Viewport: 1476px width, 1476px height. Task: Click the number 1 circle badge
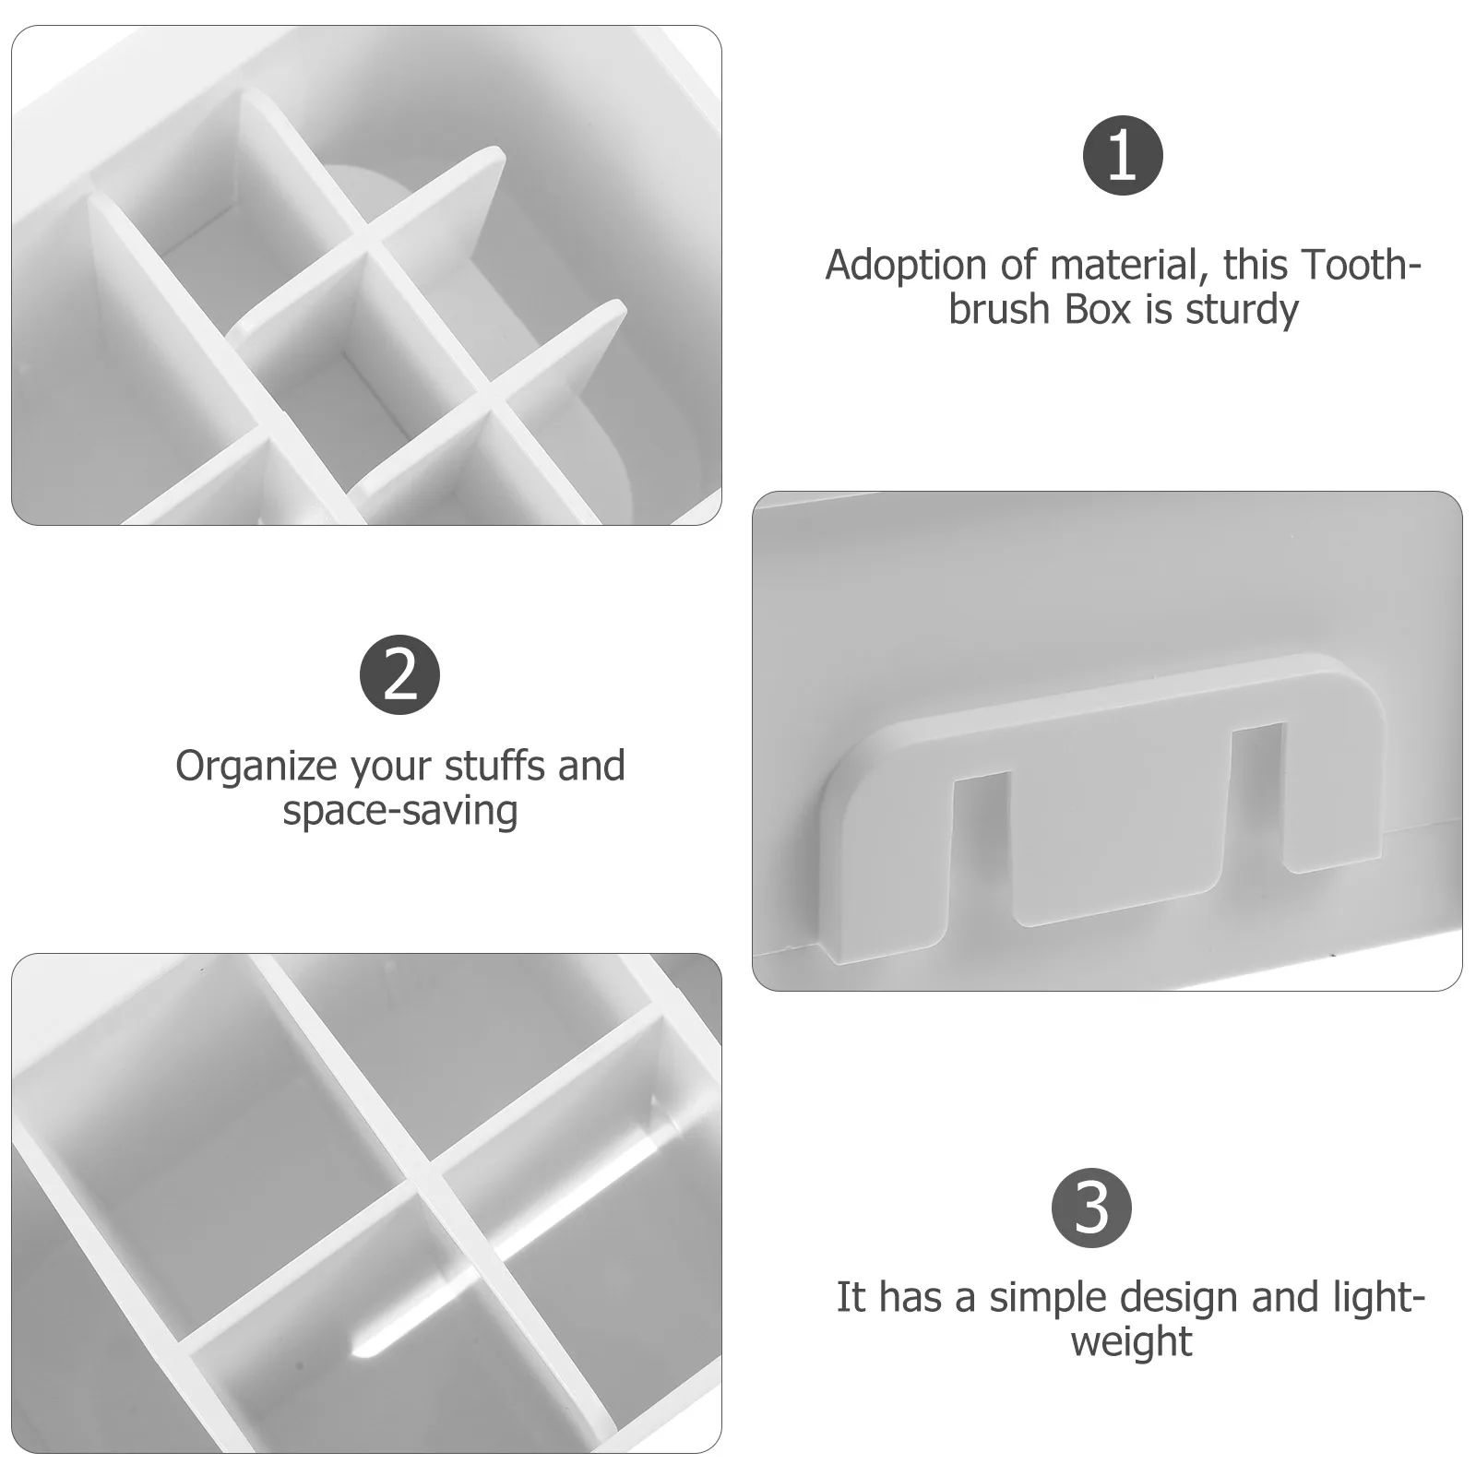1122,155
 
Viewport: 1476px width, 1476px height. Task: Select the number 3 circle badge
1091,1208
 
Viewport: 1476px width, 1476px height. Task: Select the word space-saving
399,811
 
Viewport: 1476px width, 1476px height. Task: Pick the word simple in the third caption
1044,1298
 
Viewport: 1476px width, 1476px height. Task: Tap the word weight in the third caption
1131,1341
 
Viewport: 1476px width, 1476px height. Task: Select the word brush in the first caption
1001,309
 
